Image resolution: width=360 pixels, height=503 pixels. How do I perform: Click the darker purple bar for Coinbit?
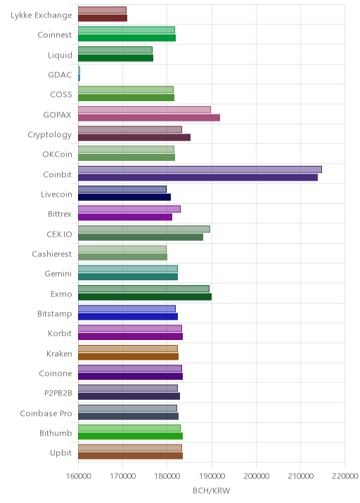pos(198,178)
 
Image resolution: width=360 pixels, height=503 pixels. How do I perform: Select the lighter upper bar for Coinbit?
pos(200,169)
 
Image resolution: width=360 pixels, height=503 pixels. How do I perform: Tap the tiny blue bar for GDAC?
pos(79,74)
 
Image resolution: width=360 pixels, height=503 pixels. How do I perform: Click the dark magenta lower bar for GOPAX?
pos(149,118)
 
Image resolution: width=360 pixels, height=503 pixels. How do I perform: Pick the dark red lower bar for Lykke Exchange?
pos(103,18)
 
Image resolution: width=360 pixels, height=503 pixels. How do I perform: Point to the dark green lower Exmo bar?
pos(145,296)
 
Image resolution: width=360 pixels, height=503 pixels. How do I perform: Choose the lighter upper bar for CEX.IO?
pos(144,229)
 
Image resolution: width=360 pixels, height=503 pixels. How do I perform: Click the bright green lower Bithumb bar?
pos(130,436)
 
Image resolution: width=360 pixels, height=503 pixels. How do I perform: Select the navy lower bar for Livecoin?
pos(124,197)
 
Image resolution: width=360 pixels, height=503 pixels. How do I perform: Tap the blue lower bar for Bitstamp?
pos(128,317)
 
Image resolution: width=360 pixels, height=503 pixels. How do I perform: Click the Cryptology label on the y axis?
pos(50,135)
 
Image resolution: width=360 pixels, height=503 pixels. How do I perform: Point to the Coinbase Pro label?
pos(46,413)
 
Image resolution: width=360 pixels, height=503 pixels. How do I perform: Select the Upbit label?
pos(60,453)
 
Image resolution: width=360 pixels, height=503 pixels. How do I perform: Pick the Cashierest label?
pos(52,254)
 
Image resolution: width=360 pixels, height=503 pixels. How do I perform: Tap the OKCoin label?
pos(57,155)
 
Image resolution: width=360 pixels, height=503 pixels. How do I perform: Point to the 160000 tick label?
pos(78,476)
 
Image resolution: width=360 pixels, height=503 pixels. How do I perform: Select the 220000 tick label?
pos(345,476)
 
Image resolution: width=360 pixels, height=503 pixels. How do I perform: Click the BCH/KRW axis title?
pos(212,490)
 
